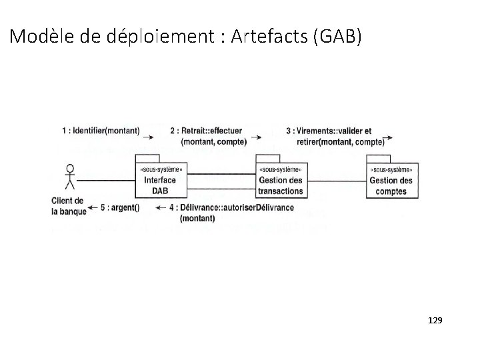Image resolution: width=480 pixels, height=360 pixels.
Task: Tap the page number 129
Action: [434, 321]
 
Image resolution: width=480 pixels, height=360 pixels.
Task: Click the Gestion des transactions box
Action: [280, 181]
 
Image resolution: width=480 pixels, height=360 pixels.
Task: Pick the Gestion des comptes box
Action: [391, 181]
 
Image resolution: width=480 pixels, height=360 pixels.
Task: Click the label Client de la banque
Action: [67, 206]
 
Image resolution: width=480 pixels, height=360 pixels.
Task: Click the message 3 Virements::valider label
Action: [335, 136]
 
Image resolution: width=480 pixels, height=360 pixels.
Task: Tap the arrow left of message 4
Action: [161, 207]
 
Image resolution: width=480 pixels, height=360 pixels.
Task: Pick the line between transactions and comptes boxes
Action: [336, 179]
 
